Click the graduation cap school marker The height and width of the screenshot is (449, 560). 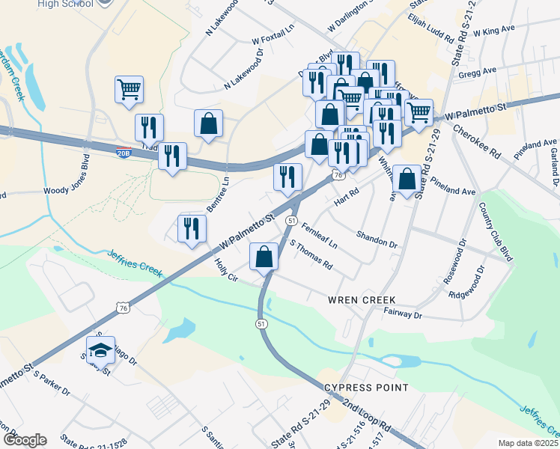(x=100, y=349)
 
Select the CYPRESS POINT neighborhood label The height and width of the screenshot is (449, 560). (x=366, y=388)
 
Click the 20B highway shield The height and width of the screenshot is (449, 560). (x=124, y=153)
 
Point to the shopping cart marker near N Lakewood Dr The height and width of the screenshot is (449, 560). (x=129, y=90)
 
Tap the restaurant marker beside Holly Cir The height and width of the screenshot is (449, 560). (x=192, y=228)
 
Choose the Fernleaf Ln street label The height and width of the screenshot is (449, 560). (x=320, y=233)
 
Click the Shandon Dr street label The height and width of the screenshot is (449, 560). (x=377, y=238)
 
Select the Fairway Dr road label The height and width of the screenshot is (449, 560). (x=403, y=315)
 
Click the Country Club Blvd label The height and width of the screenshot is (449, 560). (x=496, y=231)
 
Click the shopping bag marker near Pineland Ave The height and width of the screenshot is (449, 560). (x=407, y=180)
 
